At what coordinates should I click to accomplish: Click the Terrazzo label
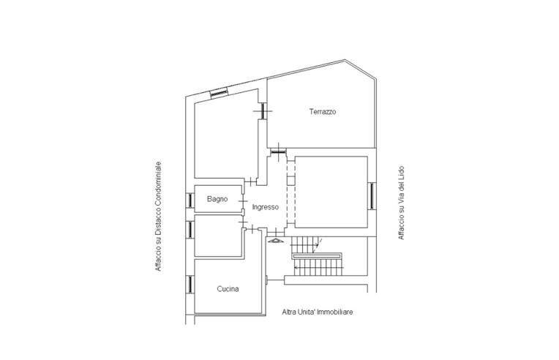323,111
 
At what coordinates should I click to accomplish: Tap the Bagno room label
217,199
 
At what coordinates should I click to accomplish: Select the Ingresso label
266,207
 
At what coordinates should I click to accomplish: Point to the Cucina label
228,289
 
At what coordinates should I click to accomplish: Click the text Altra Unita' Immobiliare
318,312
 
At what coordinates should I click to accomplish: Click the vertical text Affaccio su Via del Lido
401,203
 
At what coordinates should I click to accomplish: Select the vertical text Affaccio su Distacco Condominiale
158,217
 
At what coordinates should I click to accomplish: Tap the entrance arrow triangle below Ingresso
276,241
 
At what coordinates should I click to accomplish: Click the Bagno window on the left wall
190,200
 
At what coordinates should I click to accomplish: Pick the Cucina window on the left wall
190,284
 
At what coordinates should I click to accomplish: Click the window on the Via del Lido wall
372,196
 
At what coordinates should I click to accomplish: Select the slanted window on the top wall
219,93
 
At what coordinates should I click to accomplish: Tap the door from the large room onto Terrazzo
263,110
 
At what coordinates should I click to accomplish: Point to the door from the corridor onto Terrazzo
278,151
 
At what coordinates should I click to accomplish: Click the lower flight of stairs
318,267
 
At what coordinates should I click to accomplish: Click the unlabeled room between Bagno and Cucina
218,236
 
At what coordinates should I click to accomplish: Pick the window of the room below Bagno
190,230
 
